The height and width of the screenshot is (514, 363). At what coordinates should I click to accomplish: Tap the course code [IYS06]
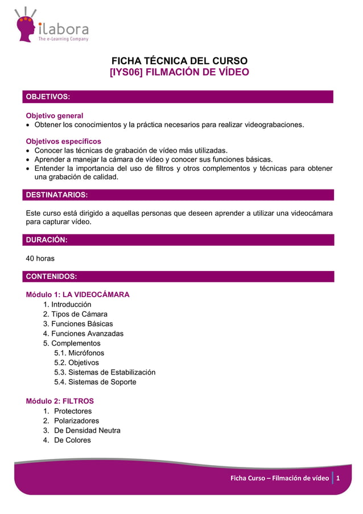click(x=126, y=73)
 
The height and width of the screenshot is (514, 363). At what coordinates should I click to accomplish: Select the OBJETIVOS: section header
click(x=47, y=97)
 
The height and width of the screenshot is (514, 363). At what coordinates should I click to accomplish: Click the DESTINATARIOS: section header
click(x=57, y=195)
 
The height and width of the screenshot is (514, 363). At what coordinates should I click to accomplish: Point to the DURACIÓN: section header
click(x=47, y=240)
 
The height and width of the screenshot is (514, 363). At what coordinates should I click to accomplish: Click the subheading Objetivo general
click(x=55, y=116)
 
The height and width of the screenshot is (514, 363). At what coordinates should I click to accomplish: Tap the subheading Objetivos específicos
click(x=64, y=141)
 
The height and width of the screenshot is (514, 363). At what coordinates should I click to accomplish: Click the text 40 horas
click(x=40, y=258)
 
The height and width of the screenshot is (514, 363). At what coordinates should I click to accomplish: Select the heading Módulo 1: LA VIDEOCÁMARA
click(x=78, y=295)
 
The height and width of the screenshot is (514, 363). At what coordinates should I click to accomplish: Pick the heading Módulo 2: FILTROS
click(x=60, y=401)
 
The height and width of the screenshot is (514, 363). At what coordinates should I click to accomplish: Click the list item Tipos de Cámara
click(x=79, y=314)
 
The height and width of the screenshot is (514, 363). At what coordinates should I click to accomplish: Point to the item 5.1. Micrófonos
click(x=79, y=353)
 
